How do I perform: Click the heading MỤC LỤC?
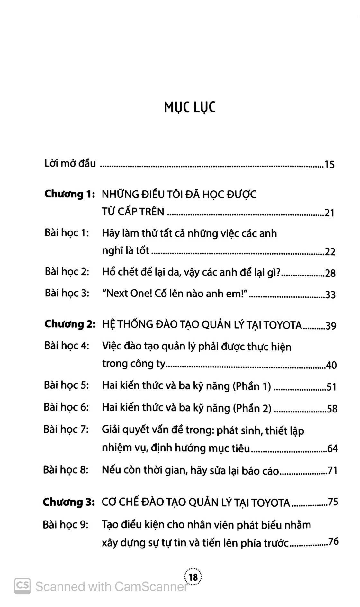coord(189,107)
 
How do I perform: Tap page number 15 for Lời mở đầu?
coord(329,165)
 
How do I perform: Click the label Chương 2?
coord(70,324)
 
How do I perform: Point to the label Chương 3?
coord(69,502)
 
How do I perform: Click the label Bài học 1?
coord(67,233)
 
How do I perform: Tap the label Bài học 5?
coord(66,385)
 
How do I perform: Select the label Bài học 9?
coord(65,525)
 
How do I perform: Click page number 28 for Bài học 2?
coord(330,274)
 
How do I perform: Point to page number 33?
coord(330,295)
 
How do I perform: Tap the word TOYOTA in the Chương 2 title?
coord(283,325)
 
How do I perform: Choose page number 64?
coord(332,448)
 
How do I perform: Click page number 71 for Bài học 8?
coord(332,471)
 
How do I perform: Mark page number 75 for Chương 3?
coord(333,502)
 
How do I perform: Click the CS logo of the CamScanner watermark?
coord(22,586)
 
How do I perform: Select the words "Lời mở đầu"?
coord(70,164)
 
